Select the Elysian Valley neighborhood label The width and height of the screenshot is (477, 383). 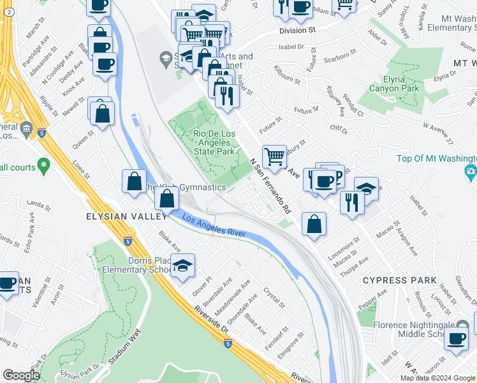(118, 217)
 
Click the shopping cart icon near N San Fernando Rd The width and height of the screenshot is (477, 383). (274, 155)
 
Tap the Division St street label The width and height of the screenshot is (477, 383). (297, 30)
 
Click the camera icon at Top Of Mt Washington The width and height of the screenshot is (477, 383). (471, 171)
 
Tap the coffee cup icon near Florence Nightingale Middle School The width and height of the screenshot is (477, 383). (457, 338)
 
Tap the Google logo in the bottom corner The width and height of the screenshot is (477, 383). (22, 375)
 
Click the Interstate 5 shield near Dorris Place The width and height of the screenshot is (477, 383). (128, 241)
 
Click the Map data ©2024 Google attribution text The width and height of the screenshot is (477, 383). (438, 378)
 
